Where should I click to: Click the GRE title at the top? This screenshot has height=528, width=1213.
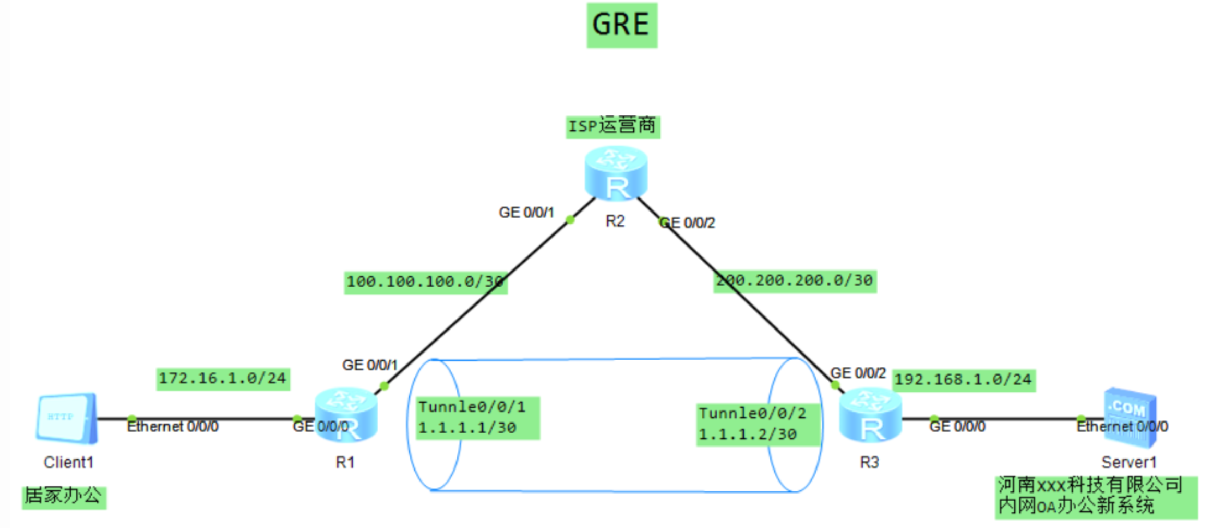pos(621,25)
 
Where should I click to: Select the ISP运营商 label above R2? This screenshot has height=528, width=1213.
pos(612,126)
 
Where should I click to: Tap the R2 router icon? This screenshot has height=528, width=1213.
pos(616,173)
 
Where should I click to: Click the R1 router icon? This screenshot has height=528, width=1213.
pos(345,414)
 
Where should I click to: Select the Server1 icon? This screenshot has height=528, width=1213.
pos(1130,417)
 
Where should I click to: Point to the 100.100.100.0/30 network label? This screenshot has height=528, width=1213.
pos(425,282)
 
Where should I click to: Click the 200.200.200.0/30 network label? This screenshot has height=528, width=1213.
pos(795,281)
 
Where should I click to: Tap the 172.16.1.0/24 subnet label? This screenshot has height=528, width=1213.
pos(223,379)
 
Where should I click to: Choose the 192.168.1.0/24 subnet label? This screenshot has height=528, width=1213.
pos(963,380)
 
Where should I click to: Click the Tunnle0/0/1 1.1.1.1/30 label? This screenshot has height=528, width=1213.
pos(477,418)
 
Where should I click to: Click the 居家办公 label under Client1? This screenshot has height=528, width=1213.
pos(64,496)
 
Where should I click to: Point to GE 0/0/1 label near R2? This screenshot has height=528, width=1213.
pos(525,213)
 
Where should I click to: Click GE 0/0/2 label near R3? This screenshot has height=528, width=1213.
pos(858,373)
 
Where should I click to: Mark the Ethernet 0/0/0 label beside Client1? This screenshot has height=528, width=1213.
pos(173,427)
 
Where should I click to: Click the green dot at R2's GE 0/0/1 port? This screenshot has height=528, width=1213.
pos(570,220)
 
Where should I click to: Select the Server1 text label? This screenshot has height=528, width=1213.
pos(1128,462)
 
